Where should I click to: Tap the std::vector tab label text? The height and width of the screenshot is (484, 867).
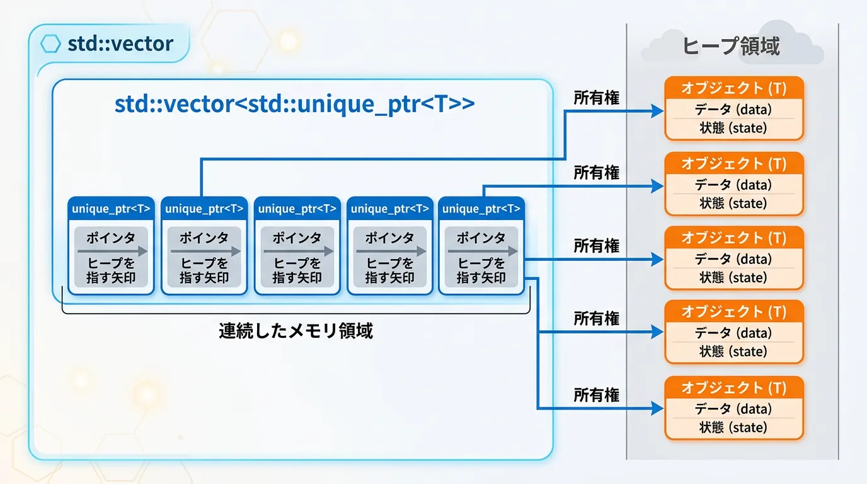click(x=120, y=43)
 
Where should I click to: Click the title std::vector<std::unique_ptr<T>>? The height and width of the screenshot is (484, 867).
click(x=294, y=103)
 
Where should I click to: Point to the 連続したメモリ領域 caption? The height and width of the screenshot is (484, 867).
click(x=296, y=331)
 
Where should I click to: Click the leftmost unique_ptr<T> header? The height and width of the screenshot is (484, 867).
click(x=111, y=209)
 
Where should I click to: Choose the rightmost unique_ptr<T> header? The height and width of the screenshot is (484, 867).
click(x=481, y=209)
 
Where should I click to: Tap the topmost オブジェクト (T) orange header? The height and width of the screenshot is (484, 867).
click(x=734, y=88)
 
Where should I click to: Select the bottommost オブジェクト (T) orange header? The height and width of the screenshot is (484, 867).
click(x=734, y=388)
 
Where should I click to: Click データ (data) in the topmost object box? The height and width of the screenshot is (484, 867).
click(x=733, y=110)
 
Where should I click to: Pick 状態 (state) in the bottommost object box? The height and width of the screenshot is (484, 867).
click(x=733, y=427)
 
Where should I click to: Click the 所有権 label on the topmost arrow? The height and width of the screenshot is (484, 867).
click(x=596, y=98)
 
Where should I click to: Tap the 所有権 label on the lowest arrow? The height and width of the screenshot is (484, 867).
click(x=596, y=395)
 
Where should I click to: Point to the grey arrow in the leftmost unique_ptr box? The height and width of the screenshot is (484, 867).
click(x=112, y=251)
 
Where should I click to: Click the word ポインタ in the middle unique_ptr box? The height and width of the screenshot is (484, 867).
click(x=297, y=238)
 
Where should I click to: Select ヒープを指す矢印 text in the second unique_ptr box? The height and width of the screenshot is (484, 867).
click(x=204, y=270)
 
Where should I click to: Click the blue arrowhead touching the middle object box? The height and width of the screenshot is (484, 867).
click(x=658, y=258)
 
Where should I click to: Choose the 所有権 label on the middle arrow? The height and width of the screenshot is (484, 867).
click(x=596, y=246)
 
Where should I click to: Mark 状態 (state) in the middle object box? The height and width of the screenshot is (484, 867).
click(x=733, y=277)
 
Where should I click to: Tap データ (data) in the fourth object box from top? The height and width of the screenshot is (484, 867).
click(x=733, y=333)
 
